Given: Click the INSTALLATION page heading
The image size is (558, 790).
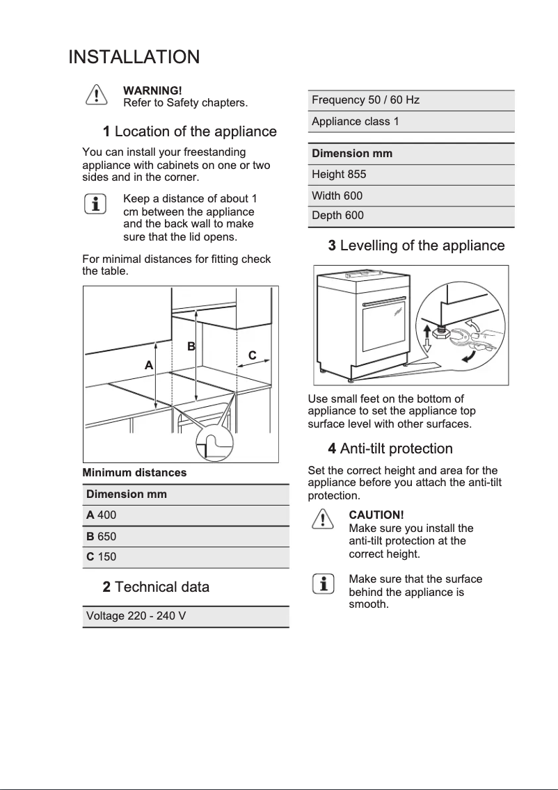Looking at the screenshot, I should [134, 57].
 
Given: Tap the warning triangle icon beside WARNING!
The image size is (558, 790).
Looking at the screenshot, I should [96, 95].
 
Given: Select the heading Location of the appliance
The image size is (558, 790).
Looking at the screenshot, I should [189, 131].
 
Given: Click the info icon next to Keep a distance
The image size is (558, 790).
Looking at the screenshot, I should [96, 204].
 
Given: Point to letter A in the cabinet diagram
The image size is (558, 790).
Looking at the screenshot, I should [148, 364].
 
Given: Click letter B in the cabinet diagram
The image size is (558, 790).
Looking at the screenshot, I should [191, 346].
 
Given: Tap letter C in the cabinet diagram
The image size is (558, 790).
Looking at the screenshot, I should [252, 355].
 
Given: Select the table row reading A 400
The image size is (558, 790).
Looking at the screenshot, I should [185, 515].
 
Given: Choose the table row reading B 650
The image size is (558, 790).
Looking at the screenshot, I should [185, 536].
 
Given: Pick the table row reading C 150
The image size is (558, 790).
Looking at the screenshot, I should [185, 557].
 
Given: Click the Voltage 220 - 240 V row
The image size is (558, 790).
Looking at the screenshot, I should [185, 616].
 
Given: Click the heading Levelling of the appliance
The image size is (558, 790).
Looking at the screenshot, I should [416, 245].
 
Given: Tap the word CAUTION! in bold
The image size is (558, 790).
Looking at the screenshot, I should [376, 515].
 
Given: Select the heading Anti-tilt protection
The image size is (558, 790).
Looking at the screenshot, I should [390, 449].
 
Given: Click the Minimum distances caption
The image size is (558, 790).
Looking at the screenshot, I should [134, 473].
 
